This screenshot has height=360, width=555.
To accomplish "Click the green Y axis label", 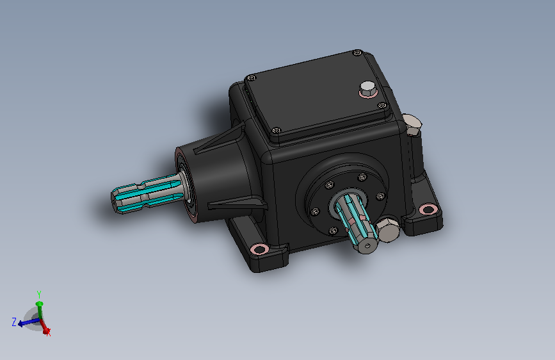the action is (39, 295).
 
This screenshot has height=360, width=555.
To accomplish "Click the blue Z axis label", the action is (14, 322).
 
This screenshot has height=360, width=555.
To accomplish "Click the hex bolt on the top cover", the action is (368, 89).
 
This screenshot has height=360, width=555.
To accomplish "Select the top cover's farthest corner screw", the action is (357, 53).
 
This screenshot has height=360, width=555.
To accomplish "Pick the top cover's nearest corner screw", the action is (277, 131).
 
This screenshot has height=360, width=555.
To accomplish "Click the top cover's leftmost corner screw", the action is (252, 78).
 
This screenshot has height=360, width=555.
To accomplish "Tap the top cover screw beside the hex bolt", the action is (382, 105).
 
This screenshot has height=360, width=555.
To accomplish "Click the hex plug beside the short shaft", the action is (388, 229).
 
